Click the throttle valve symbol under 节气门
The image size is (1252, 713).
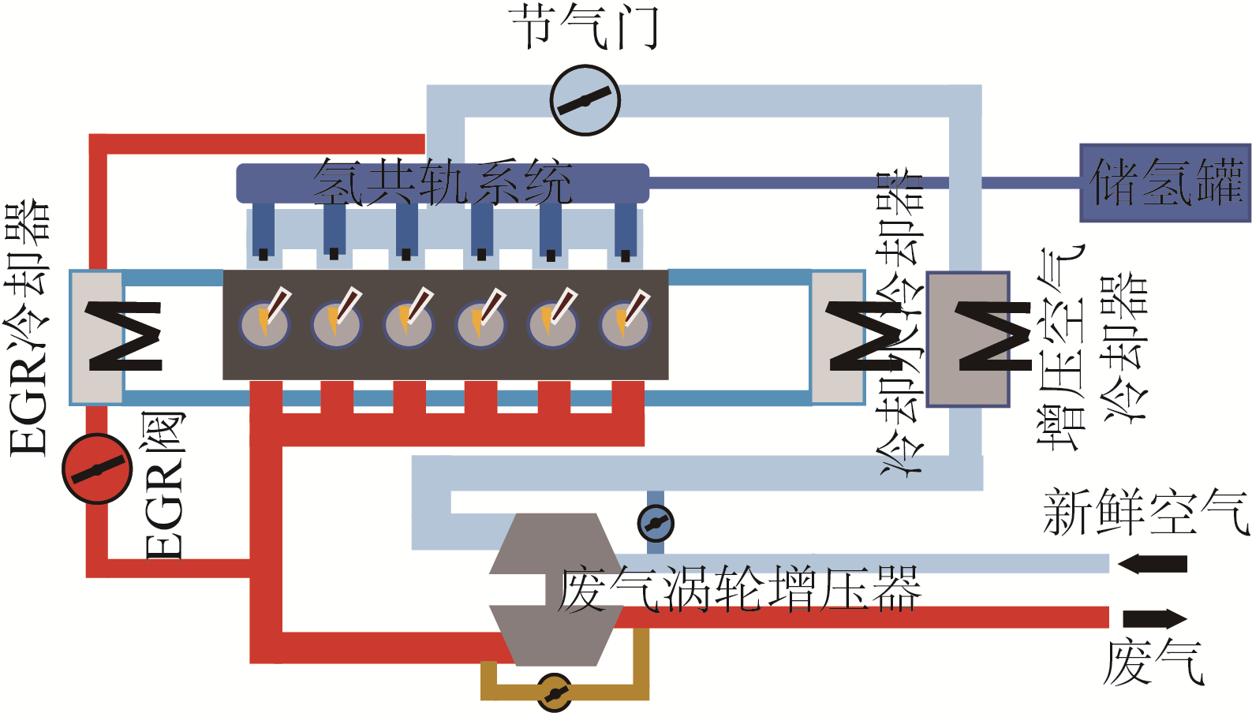point(585,101)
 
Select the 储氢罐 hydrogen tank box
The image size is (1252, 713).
point(1164,182)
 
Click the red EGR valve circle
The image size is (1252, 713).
point(97,468)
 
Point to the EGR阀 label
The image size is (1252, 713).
point(165,485)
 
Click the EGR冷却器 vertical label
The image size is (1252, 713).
point(29,327)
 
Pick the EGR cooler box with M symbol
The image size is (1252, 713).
point(97,338)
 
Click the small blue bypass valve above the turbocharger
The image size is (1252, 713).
point(655,522)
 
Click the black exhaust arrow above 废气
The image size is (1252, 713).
point(1154,618)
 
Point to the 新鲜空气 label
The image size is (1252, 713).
point(1145,513)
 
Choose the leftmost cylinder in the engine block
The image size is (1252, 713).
point(265,323)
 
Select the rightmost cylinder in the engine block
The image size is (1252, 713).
point(625,323)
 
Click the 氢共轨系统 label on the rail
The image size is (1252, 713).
point(442,183)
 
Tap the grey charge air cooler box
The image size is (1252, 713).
point(968,339)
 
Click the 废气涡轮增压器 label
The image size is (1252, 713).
point(739,590)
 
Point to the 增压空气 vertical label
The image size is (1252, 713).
point(1060,347)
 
